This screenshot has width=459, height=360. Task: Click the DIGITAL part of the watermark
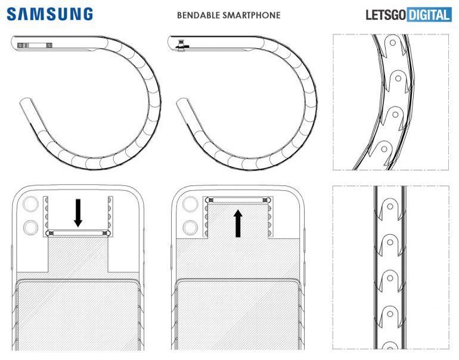pyautogui.click(x=429, y=14)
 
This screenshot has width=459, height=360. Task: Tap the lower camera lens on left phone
pyautogui.click(x=28, y=228)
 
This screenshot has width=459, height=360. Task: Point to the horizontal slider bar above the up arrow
pyautogui.click(x=238, y=201)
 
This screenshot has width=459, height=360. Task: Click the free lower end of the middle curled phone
pyautogui.click(x=182, y=104)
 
